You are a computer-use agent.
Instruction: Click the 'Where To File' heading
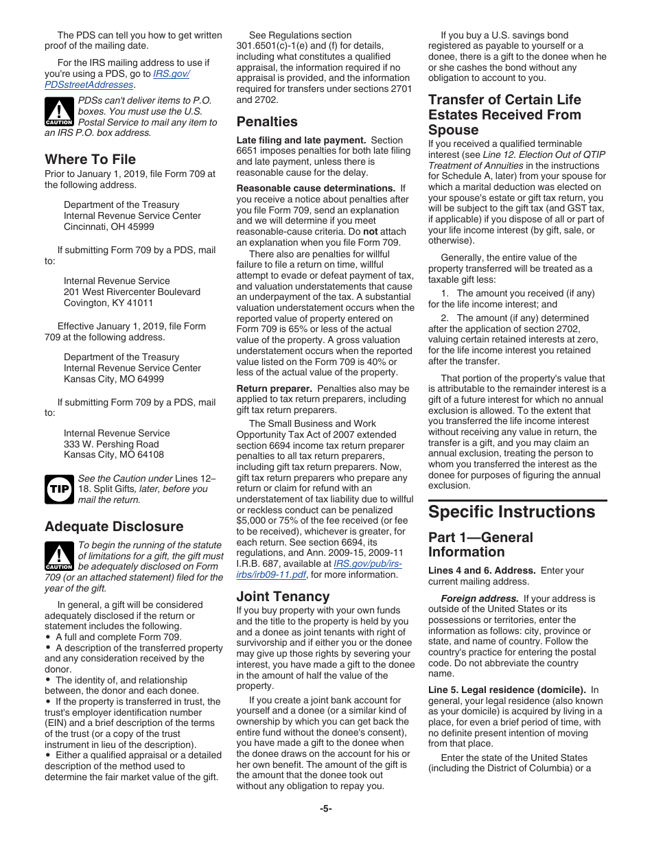(x=90, y=159)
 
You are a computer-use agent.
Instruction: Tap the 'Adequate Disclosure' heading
(x=114, y=526)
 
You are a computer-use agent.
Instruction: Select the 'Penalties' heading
(x=267, y=121)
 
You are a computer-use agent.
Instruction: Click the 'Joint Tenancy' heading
(x=283, y=596)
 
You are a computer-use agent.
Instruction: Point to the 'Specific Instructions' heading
(x=512, y=513)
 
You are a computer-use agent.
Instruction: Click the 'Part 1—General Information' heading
(x=480, y=544)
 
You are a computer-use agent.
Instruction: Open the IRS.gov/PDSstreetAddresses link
(x=117, y=80)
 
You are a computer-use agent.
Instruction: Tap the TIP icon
(x=58, y=489)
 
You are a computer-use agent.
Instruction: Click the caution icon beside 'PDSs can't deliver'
(x=58, y=111)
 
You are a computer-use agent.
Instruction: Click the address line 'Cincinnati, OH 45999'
(x=109, y=226)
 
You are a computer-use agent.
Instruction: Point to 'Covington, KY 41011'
(x=108, y=303)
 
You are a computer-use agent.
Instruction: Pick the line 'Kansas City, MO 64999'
(x=114, y=379)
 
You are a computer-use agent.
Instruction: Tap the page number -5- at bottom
(x=326, y=808)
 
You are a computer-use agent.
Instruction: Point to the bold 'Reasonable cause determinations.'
(x=316, y=188)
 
